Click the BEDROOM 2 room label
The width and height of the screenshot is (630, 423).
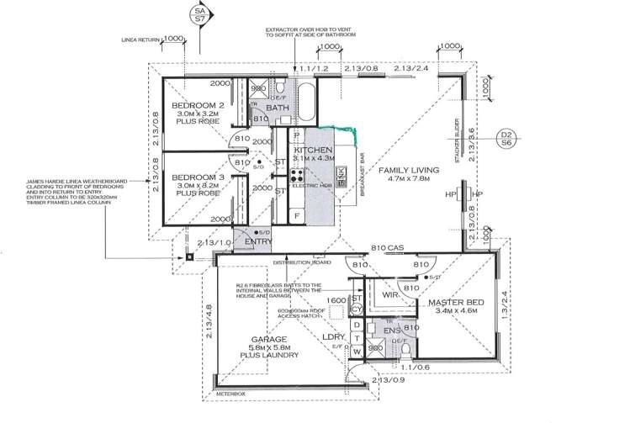[x=195, y=105]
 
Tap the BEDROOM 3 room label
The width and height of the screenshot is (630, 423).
[x=195, y=178]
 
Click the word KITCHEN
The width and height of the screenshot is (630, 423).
[x=313, y=149]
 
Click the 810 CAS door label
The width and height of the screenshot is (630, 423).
[x=388, y=247]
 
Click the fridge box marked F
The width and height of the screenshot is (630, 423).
[x=297, y=215]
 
